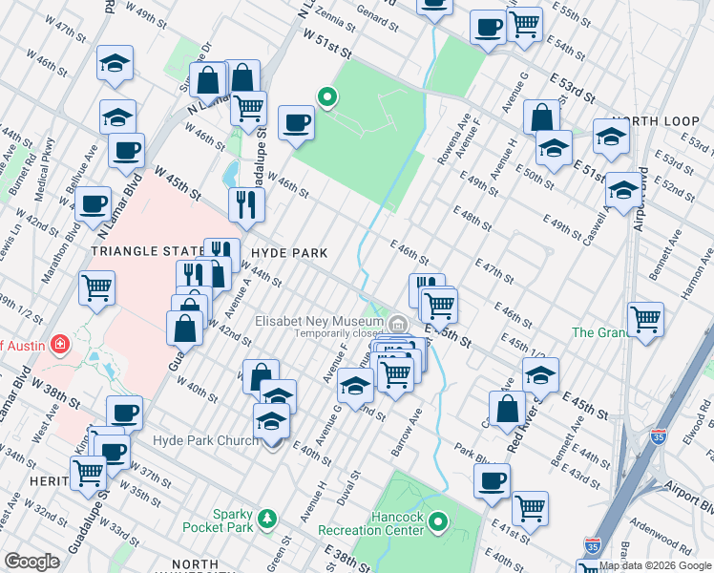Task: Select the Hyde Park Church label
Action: click(x=205, y=440)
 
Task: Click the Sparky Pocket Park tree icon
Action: click(x=269, y=519)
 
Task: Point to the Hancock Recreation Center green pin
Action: click(x=438, y=522)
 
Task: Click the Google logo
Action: click(x=31, y=562)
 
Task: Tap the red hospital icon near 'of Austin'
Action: click(x=57, y=342)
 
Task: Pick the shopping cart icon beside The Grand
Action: click(x=646, y=319)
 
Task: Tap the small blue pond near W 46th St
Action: click(x=230, y=174)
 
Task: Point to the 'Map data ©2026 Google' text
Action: click(x=655, y=565)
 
